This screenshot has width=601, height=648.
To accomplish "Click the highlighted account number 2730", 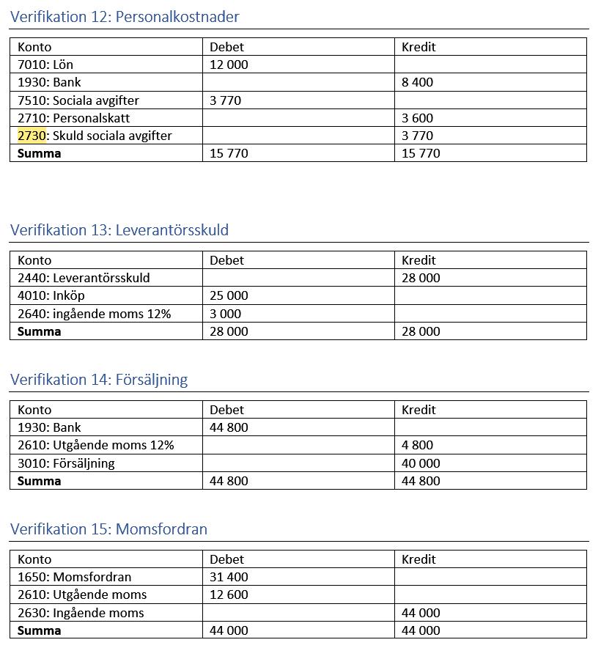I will (32, 136).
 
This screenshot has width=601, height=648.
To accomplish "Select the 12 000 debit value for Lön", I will (229, 65).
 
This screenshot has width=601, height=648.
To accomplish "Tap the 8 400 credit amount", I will (417, 82).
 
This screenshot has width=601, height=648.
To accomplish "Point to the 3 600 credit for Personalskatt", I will (417, 118).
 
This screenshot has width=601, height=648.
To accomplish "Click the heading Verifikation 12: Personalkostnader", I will (125, 16).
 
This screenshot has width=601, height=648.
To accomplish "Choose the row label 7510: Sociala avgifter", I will (78, 100).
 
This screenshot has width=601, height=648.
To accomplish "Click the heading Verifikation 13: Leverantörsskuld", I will (119, 230).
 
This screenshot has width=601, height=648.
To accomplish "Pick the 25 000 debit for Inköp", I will (229, 295).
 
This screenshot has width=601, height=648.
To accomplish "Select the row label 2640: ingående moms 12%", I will (94, 314).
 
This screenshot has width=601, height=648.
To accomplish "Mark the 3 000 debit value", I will (225, 314).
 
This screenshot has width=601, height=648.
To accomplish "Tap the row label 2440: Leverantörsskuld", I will (84, 278).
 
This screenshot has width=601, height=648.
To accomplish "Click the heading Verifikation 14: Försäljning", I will (99, 380).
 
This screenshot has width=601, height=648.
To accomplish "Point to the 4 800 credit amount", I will (417, 445).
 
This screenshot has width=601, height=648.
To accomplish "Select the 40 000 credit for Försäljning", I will (421, 463).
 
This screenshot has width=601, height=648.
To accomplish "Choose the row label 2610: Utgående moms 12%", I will (95, 445).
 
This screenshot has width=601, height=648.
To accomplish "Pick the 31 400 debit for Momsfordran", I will (229, 577).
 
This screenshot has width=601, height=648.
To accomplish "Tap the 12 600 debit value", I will (229, 594).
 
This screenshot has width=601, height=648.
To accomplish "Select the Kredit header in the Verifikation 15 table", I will (419, 559).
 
